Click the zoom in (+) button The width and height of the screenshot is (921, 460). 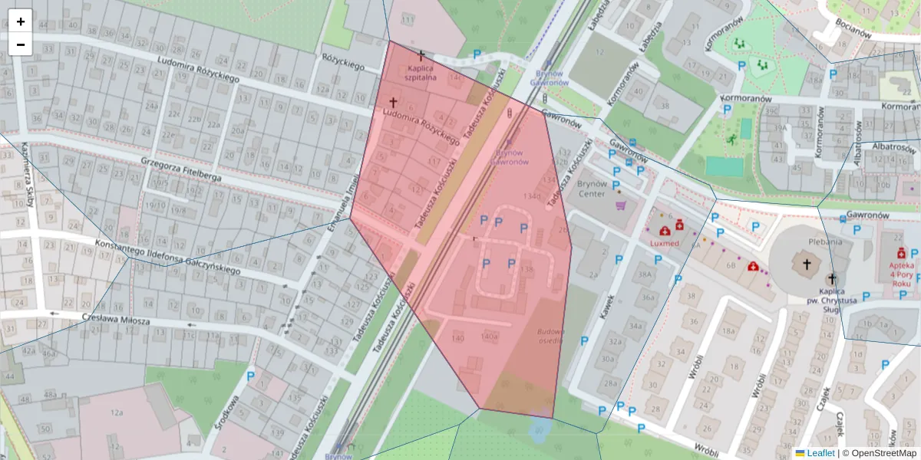click(x=21, y=21)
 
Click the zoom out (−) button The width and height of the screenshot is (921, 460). click(x=21, y=44)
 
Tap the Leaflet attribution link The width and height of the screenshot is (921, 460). click(x=820, y=453)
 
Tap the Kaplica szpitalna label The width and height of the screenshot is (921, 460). click(x=421, y=72)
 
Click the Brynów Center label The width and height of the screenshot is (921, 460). click(x=592, y=189)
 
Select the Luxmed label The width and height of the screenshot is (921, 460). click(x=664, y=243)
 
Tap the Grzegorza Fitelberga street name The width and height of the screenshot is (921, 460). click(x=181, y=170)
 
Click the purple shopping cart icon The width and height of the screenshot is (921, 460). click(x=620, y=205)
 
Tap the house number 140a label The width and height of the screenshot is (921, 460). click(x=490, y=337)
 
